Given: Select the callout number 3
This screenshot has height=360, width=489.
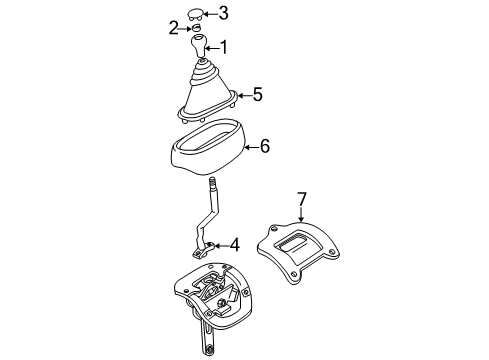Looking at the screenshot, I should coord(224,13).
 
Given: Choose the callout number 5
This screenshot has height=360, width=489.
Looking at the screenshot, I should coord(257,95).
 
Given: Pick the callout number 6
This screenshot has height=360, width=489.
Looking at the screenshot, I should coord(264,146).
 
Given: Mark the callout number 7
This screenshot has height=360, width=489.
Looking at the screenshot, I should coord(301,199).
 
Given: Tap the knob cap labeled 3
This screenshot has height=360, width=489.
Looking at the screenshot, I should coord(197,13).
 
